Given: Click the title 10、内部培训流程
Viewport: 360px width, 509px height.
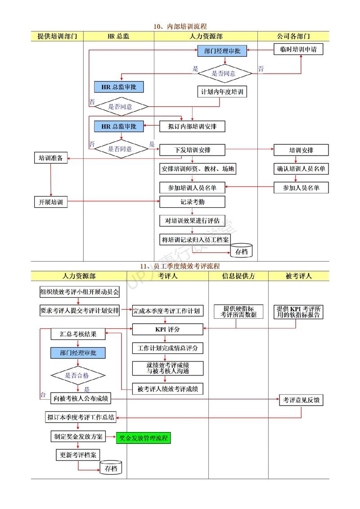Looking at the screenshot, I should (180, 27).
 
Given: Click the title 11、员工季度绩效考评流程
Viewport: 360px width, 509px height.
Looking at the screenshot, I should (180, 267).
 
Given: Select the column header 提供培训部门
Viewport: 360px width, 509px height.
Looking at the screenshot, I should (57, 36).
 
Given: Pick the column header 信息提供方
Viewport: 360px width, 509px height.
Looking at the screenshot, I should (238, 277).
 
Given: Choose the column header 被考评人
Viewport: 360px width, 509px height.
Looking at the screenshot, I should (298, 277).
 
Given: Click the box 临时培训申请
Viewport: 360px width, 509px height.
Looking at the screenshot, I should (298, 49).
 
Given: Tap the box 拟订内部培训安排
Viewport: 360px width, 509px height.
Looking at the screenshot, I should (192, 126).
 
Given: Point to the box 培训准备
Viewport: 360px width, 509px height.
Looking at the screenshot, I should (51, 158).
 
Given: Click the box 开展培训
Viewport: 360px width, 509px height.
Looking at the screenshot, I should (51, 202).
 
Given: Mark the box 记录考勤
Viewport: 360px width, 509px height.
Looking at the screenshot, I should (192, 202).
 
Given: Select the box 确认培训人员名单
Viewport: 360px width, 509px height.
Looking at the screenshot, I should (301, 169).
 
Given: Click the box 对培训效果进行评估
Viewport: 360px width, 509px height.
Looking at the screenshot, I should (192, 221).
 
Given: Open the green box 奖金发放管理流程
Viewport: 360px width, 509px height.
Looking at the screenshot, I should (144, 438).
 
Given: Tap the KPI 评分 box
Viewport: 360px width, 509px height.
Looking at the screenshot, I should (167, 330).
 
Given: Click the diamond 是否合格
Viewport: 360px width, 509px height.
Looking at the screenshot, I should (78, 375).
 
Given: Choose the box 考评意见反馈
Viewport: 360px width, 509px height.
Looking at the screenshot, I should (301, 400).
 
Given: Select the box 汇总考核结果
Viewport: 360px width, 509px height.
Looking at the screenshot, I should (78, 334).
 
